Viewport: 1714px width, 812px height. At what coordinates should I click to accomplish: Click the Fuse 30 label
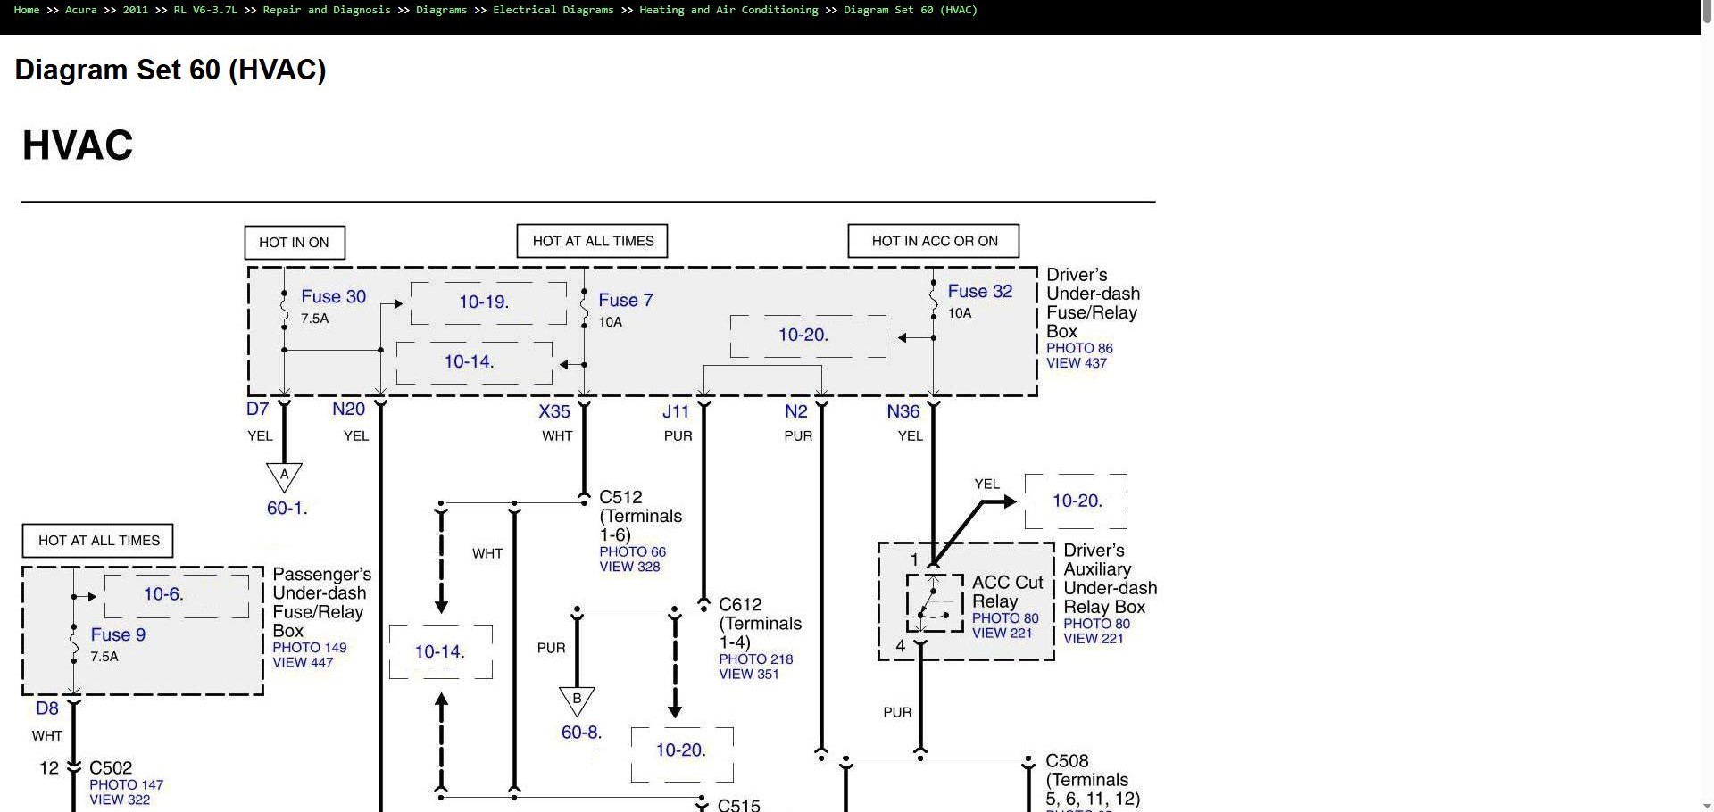333,296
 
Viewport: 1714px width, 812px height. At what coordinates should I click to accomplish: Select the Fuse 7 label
625,300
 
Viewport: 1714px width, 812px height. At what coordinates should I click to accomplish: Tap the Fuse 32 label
979,291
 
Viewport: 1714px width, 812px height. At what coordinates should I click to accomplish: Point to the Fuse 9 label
118,634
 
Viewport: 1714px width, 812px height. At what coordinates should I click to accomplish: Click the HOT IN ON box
295,242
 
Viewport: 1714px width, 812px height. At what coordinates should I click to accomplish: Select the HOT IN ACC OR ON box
934,241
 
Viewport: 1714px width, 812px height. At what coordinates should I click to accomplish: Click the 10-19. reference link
484,302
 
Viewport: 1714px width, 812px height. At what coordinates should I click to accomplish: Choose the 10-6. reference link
163,594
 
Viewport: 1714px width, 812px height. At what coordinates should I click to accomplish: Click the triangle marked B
577,700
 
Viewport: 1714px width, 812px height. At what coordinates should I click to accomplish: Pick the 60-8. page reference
581,733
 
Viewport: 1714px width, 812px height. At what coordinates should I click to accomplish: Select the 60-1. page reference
287,509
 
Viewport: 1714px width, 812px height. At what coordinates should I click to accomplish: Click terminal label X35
554,411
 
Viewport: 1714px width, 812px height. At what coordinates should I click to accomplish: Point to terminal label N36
903,411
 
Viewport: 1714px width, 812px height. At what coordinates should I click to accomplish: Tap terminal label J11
676,411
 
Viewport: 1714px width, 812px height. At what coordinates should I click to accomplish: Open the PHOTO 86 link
1079,348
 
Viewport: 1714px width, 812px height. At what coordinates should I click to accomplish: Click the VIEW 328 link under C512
629,567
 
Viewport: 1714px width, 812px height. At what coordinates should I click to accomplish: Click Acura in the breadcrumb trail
81,10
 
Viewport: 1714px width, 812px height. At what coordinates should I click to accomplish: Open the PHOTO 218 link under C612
756,659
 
